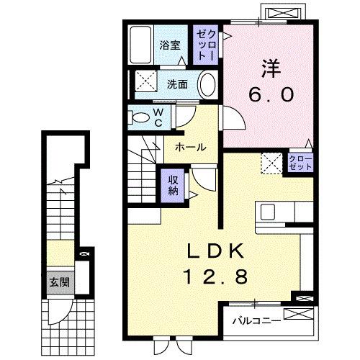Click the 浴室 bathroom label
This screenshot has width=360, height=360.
169,44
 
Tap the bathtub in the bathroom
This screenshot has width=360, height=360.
141,45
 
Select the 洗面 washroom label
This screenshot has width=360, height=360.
177,84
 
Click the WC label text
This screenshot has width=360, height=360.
159,117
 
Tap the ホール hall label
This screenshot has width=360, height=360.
191,147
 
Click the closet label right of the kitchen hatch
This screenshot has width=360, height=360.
300,162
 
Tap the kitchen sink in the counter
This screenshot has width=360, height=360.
267,212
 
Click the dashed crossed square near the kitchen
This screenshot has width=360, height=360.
271,162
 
